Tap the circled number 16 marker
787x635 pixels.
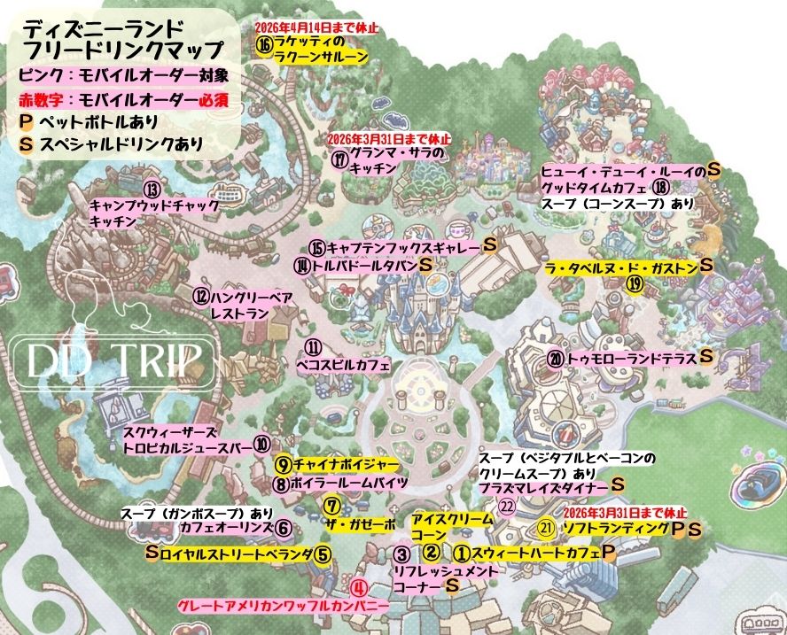point(263,43)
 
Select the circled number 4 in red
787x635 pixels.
point(358,586)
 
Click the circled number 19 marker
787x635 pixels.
point(634,283)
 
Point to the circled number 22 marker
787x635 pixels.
point(506,505)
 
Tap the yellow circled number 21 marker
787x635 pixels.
point(546,527)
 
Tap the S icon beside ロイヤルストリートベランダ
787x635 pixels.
point(152,554)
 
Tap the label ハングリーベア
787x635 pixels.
point(253,297)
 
